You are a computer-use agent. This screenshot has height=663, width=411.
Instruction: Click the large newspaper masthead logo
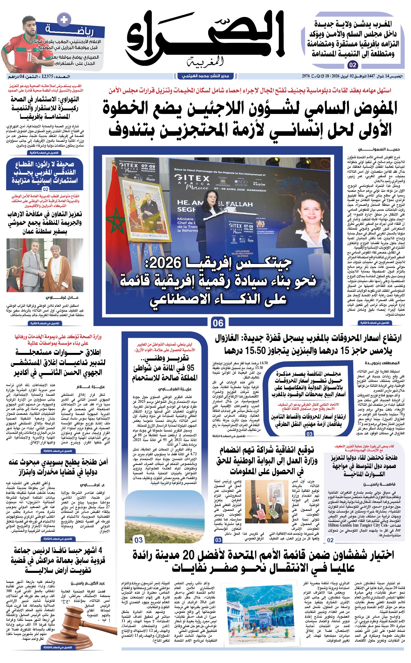coord(205,37)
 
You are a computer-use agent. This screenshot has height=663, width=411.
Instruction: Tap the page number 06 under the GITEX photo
coord(218,323)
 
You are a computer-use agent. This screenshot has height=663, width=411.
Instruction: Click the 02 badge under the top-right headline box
coord(353,65)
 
